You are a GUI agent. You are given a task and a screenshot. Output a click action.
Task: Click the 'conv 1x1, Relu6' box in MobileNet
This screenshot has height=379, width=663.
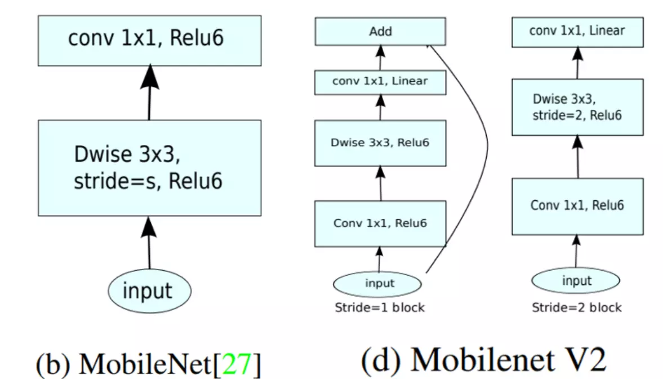tap(149, 41)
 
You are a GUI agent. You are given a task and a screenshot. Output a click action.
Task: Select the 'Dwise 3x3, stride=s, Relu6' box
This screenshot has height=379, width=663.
tap(149, 168)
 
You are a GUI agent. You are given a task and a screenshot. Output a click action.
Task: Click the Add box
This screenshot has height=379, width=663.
tap(380, 32)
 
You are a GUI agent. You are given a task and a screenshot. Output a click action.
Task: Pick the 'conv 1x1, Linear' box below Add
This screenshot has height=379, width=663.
tap(380, 82)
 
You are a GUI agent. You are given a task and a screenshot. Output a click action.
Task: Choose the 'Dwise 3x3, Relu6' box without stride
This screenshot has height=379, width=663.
tap(380, 143)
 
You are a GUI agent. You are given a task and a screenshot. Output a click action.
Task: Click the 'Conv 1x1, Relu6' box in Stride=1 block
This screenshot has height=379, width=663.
tap(380, 223)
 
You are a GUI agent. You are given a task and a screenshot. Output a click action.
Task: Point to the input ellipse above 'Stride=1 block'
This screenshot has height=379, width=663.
tap(378, 283)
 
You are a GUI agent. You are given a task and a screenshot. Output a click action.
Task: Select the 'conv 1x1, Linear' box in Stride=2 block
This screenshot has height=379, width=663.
tap(577, 31)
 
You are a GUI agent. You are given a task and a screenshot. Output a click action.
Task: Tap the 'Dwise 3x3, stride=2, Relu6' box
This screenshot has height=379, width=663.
tap(577, 107)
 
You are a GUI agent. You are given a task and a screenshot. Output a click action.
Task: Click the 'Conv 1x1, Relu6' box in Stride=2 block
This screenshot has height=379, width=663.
tap(577, 206)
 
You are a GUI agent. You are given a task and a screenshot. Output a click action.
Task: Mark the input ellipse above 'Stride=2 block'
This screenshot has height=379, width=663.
tap(576, 281)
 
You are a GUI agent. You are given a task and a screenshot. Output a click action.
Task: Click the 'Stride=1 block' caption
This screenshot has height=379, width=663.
tap(380, 308)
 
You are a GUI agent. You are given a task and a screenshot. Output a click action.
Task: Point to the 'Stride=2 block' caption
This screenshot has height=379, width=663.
tap(577, 308)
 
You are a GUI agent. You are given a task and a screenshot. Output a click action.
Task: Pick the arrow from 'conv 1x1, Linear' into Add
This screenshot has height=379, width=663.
tap(380, 58)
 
